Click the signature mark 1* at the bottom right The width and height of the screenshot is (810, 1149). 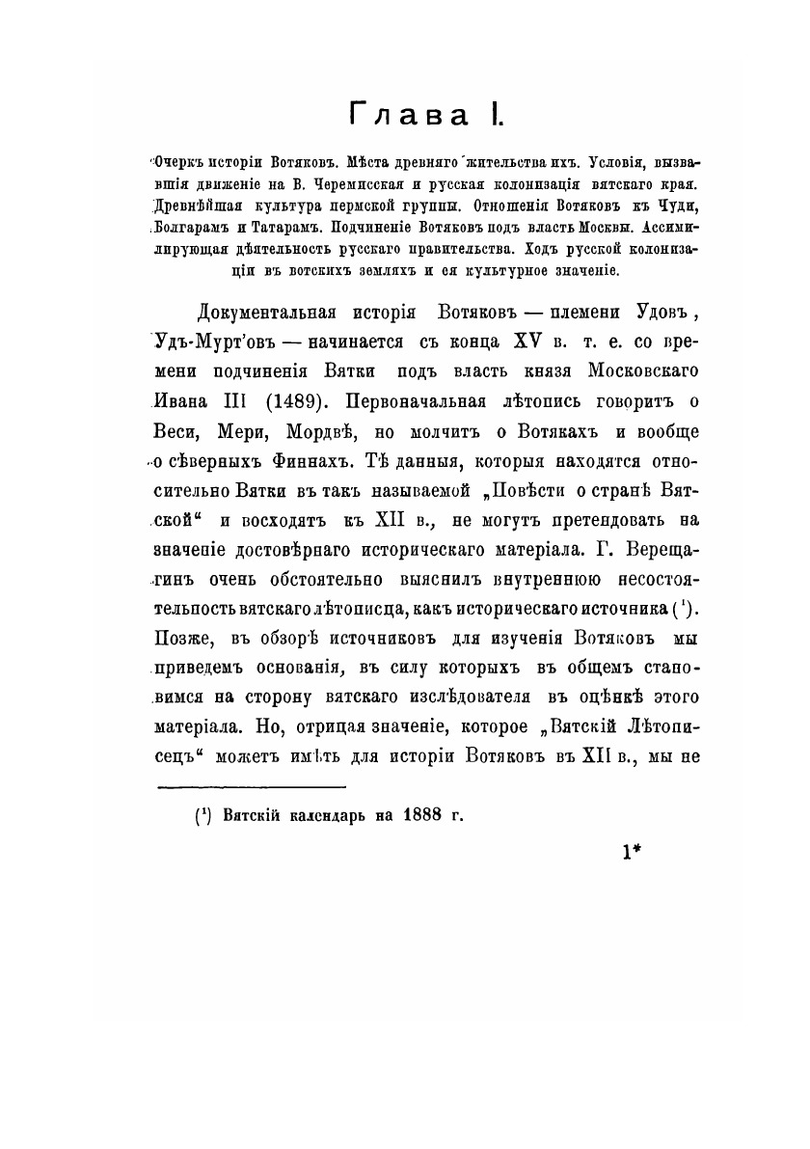click(634, 851)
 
